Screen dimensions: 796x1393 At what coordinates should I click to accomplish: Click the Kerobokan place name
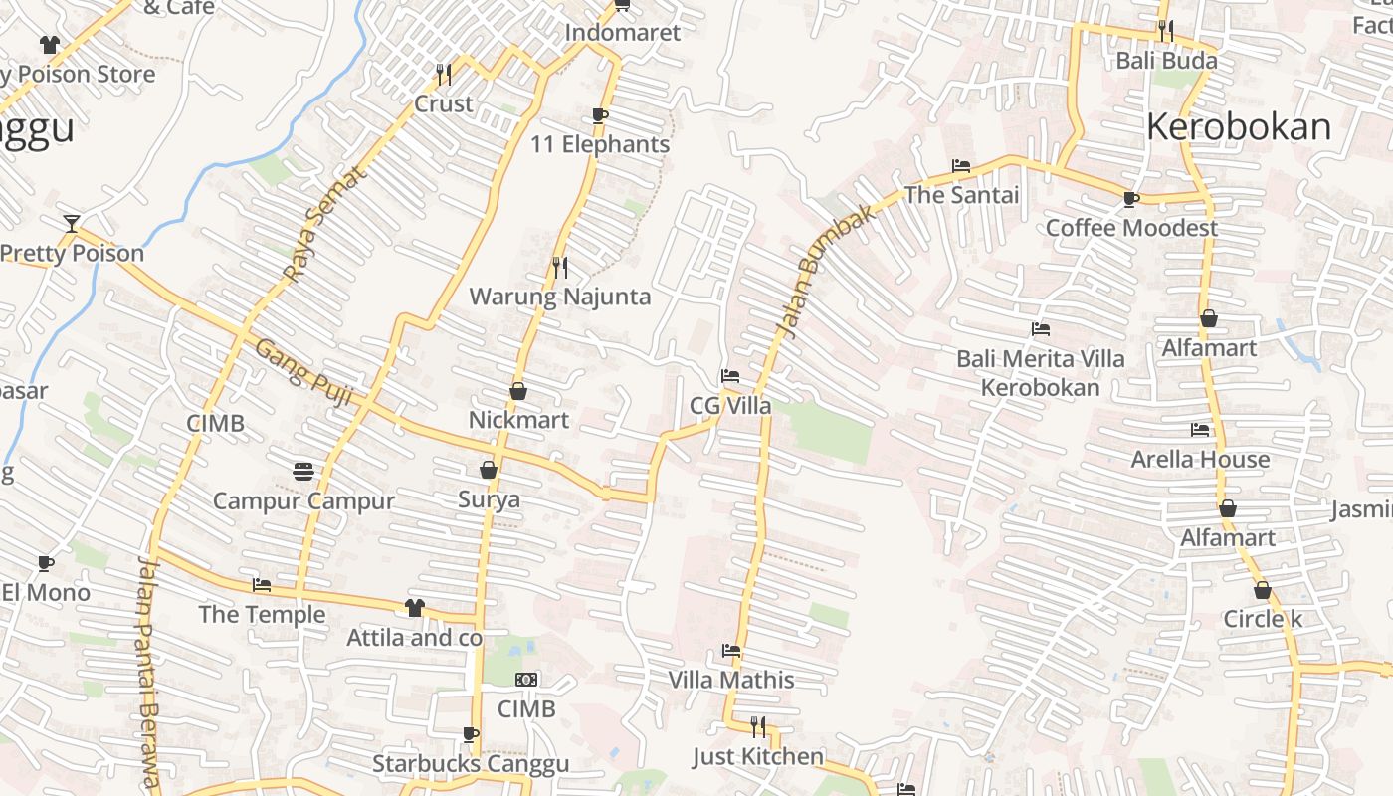[x=1238, y=126]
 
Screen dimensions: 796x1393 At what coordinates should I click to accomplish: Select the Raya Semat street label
[x=325, y=224]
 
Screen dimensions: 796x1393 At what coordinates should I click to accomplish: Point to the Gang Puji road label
[x=304, y=372]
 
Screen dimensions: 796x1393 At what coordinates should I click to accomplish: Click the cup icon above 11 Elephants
[x=600, y=115]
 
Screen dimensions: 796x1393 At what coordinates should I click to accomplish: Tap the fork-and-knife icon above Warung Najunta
[x=560, y=267]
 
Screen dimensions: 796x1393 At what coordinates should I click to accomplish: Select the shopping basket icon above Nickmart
[x=518, y=391]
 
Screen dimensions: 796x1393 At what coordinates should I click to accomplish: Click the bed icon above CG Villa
[x=730, y=376]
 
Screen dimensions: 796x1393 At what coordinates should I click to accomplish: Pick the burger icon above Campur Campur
[x=303, y=471]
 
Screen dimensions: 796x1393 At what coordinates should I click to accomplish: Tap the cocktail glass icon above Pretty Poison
[x=71, y=223]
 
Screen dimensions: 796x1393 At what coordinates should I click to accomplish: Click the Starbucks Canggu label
[x=471, y=763]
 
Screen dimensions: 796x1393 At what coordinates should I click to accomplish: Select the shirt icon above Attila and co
[x=414, y=607]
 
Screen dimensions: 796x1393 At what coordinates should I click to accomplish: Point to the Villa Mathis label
[x=731, y=680]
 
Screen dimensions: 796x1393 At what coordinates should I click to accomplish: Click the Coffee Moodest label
[x=1131, y=228]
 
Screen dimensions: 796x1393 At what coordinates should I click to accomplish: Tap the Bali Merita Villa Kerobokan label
[x=1040, y=372]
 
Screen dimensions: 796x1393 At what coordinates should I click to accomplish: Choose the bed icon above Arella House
[x=1200, y=430]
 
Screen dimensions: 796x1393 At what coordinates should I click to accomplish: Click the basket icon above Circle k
[x=1263, y=590]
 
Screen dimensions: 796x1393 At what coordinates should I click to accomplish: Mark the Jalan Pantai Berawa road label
[x=148, y=673]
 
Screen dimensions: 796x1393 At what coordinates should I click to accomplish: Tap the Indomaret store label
[x=623, y=32]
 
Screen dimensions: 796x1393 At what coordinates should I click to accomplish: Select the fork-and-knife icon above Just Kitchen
[x=758, y=726]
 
